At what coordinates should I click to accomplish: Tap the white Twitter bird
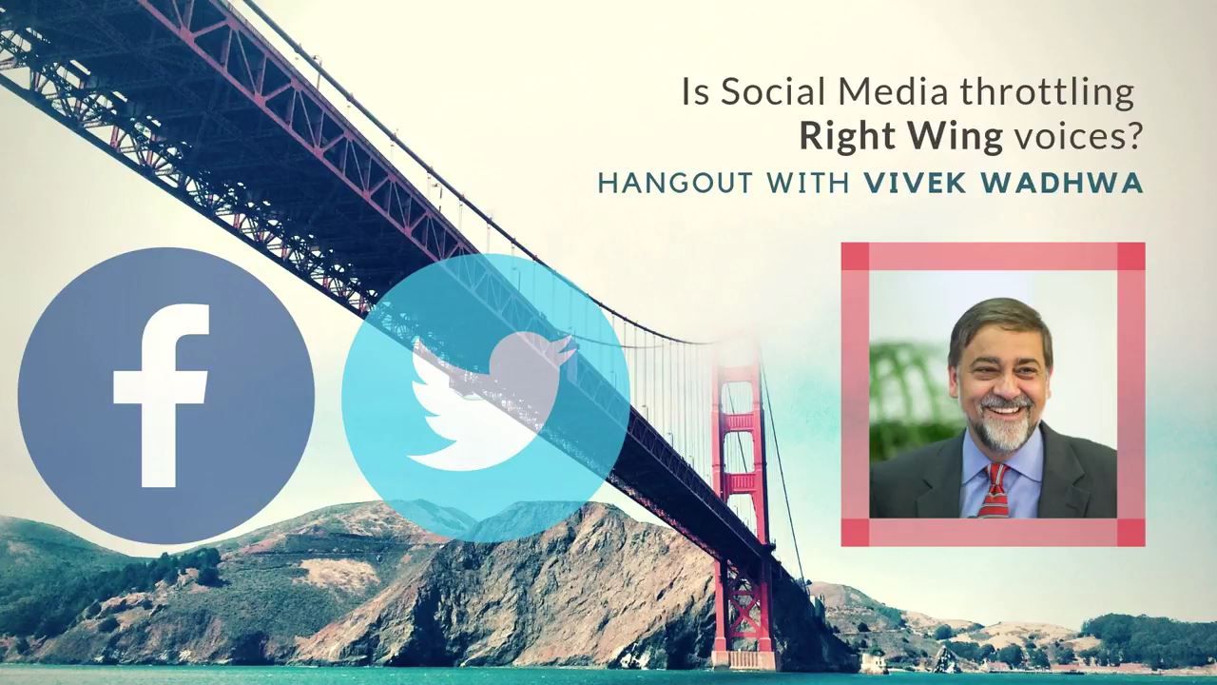(489, 401)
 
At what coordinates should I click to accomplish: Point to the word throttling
(1045, 94)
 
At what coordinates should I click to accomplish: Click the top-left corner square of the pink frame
(855, 256)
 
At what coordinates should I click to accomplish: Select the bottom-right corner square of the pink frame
(1131, 532)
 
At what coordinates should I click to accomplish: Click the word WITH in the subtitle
(808, 183)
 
